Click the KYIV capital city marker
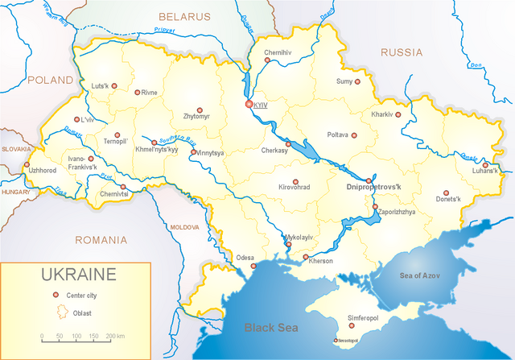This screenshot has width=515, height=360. [x=249, y=105]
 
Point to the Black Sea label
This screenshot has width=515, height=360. [x=271, y=328]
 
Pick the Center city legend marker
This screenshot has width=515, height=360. [x=56, y=295]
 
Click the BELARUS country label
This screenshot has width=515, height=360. [x=183, y=16]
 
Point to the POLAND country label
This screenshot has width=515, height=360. [x=50, y=81]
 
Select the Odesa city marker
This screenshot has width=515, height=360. [x=253, y=266]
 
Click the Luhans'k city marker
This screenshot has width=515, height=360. [x=484, y=165]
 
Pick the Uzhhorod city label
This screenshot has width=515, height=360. [x=42, y=171]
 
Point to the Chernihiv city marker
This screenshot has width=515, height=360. [x=268, y=60]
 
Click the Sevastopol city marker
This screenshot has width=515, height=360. [x=336, y=340]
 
